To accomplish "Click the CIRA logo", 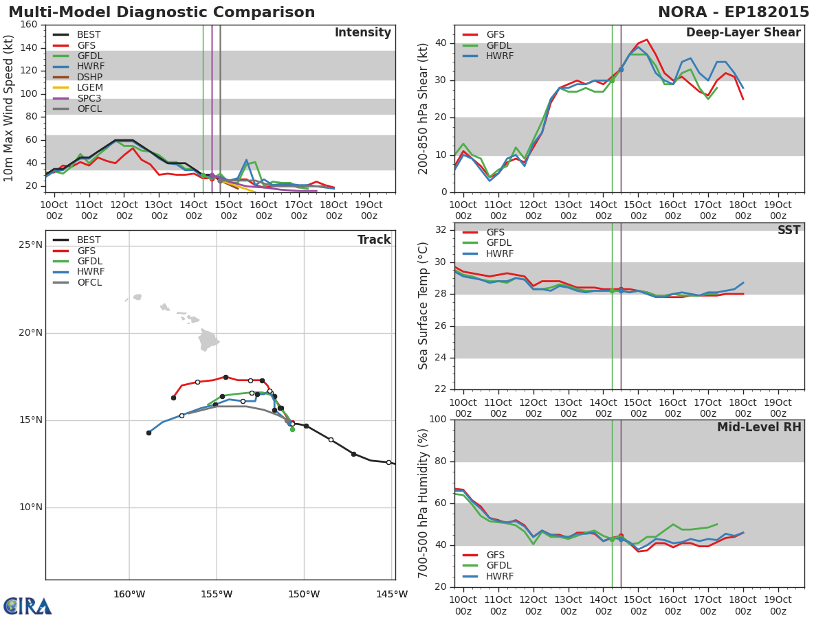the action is (27, 606).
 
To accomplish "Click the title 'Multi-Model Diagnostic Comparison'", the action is (162, 12).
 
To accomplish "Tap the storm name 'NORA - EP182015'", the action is (734, 12).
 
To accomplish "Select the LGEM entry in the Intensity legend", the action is (78, 87).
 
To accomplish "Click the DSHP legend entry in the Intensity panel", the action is (78, 77).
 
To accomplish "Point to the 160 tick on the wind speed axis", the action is (29, 25).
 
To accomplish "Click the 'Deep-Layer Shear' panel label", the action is (743, 32).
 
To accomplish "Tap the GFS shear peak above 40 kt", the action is (646, 39).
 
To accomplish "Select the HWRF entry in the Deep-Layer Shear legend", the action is (488, 56).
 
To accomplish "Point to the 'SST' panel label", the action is (789, 230).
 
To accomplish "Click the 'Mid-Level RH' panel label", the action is (759, 427).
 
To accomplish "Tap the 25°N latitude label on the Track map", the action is (31, 245).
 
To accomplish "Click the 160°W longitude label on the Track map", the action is (129, 595).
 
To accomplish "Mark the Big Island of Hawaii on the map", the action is (208, 340).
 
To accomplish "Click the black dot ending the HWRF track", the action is (148, 433).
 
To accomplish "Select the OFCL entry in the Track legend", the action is (78, 282).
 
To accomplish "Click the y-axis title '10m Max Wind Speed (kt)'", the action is (8, 108).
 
